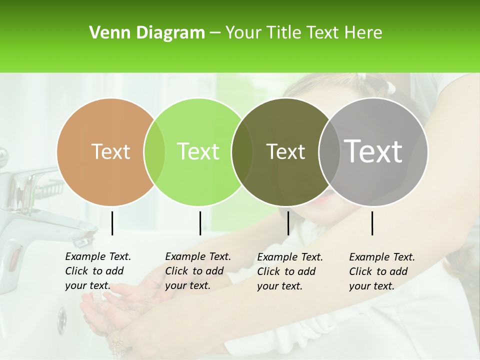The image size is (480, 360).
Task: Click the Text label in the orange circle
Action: coord(110,151)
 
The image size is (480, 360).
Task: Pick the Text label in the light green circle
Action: coord(198,151)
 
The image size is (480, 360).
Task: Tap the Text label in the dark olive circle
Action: coord(285,151)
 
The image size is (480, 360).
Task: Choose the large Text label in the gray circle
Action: coord(373,151)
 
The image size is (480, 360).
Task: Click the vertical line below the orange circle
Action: coord(112,223)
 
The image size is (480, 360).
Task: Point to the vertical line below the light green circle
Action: coord(200,223)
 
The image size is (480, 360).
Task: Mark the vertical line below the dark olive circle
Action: coord(288,223)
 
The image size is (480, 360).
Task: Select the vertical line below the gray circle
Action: coord(372,223)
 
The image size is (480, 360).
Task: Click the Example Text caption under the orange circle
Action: coord(97,271)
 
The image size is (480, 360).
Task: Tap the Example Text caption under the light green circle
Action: coord(197,271)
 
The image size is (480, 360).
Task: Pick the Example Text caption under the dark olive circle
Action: coord(289,271)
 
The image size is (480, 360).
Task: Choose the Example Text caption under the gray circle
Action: coord(381,271)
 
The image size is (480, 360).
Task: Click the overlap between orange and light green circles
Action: coord(154,152)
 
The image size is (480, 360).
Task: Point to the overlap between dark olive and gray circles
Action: coord(329,152)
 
